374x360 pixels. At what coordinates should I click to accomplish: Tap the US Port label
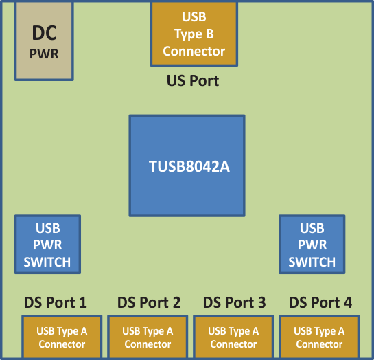coord(193,80)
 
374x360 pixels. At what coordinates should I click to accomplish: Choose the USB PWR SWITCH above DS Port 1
coord(47,245)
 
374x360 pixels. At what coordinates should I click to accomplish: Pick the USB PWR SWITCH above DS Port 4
coord(312,245)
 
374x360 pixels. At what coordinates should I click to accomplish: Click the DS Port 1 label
coord(55,302)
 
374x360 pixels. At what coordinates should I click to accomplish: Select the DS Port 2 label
coord(149,302)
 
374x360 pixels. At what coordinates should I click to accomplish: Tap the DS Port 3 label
coord(235,302)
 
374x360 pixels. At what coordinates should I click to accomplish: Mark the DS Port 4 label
coord(320,302)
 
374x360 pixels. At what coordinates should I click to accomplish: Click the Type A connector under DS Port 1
coord(62,337)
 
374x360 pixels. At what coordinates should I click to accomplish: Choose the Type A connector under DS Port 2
coord(148,337)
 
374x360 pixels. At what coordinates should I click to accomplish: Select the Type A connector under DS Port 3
coord(233,337)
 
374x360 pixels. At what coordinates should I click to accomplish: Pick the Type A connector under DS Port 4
coord(319,337)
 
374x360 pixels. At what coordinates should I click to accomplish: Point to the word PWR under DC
coord(44,54)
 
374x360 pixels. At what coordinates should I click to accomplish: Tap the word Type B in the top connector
coord(194,34)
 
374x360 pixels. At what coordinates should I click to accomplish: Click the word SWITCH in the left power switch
coord(47,262)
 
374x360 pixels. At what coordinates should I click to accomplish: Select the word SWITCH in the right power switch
coord(312,262)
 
